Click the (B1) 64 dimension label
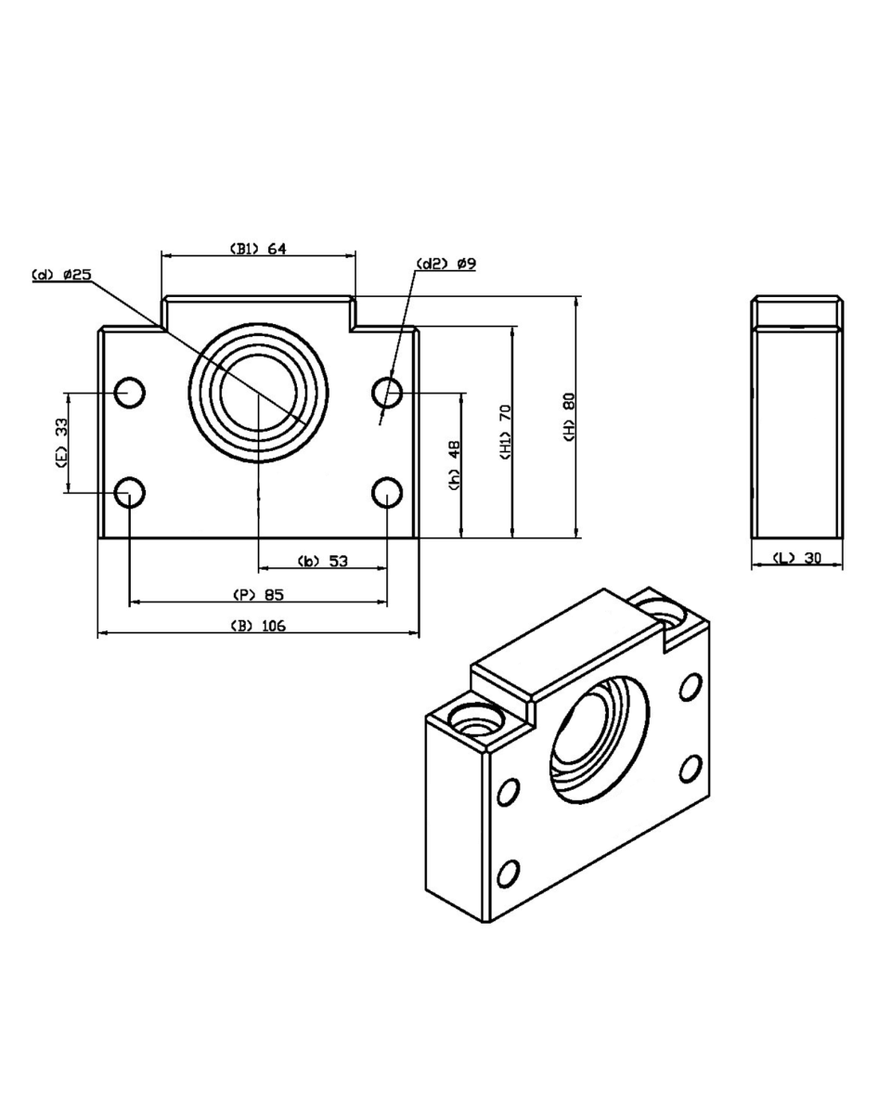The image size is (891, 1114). pos(258,249)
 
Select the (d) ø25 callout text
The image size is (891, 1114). pos(61,275)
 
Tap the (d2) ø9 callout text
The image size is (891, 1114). pos(445,264)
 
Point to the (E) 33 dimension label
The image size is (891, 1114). pos(61,443)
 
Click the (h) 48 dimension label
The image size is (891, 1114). pos(454,465)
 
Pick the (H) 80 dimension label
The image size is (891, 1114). pos(570,417)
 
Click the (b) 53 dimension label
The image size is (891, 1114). pos(323,561)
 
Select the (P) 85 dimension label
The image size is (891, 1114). pos(258,595)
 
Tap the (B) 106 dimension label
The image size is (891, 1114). pos(258,626)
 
